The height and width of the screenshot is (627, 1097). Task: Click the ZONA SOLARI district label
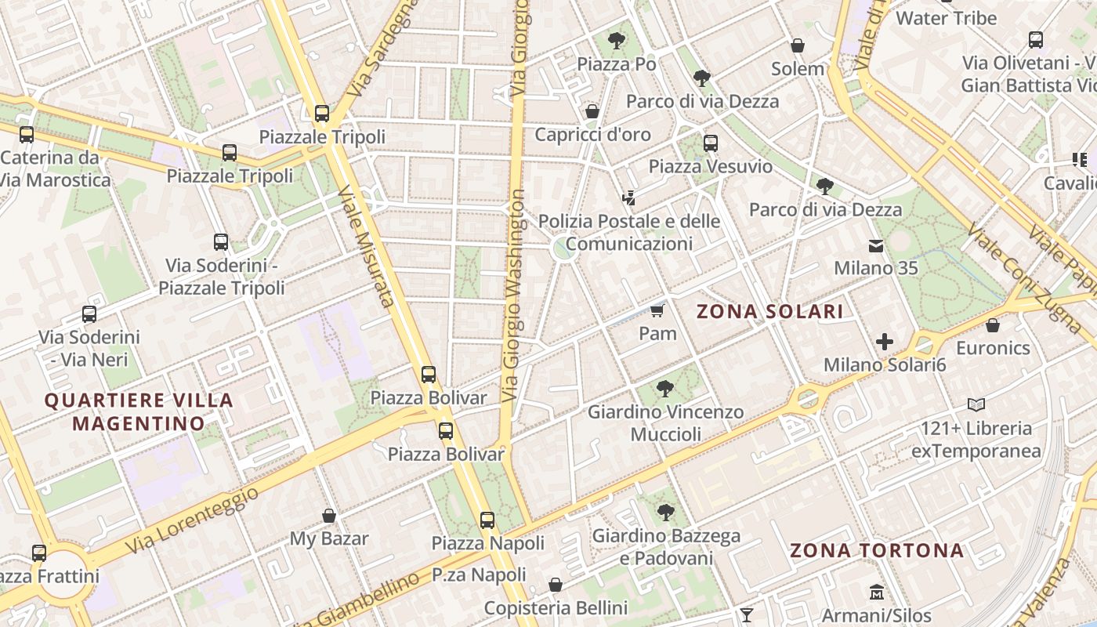click(x=769, y=312)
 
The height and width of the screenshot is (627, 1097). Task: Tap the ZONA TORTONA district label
click(x=876, y=550)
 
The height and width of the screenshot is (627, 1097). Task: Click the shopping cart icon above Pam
click(x=657, y=311)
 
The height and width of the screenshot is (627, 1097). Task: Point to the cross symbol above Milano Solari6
click(x=885, y=342)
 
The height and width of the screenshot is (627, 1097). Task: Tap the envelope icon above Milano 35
click(x=875, y=246)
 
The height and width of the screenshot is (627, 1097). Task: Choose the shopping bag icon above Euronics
click(x=993, y=325)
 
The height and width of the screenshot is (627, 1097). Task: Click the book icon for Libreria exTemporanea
click(x=976, y=405)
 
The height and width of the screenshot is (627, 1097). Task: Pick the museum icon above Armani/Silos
click(x=876, y=593)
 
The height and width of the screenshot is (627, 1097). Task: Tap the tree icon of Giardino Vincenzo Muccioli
click(x=665, y=388)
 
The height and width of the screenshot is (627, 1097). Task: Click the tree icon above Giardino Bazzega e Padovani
click(x=665, y=513)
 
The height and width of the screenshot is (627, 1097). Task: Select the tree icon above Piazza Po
click(x=617, y=40)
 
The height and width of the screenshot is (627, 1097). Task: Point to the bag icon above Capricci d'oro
click(x=592, y=111)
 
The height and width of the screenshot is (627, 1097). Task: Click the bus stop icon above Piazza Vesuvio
click(x=711, y=143)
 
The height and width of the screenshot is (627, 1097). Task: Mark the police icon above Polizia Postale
click(x=628, y=198)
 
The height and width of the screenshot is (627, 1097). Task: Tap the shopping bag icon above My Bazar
click(x=329, y=516)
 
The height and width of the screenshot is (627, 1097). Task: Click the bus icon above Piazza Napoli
click(x=487, y=520)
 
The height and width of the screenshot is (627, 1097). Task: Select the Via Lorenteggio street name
click(x=192, y=519)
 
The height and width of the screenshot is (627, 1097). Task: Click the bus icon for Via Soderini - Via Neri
click(x=89, y=314)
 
